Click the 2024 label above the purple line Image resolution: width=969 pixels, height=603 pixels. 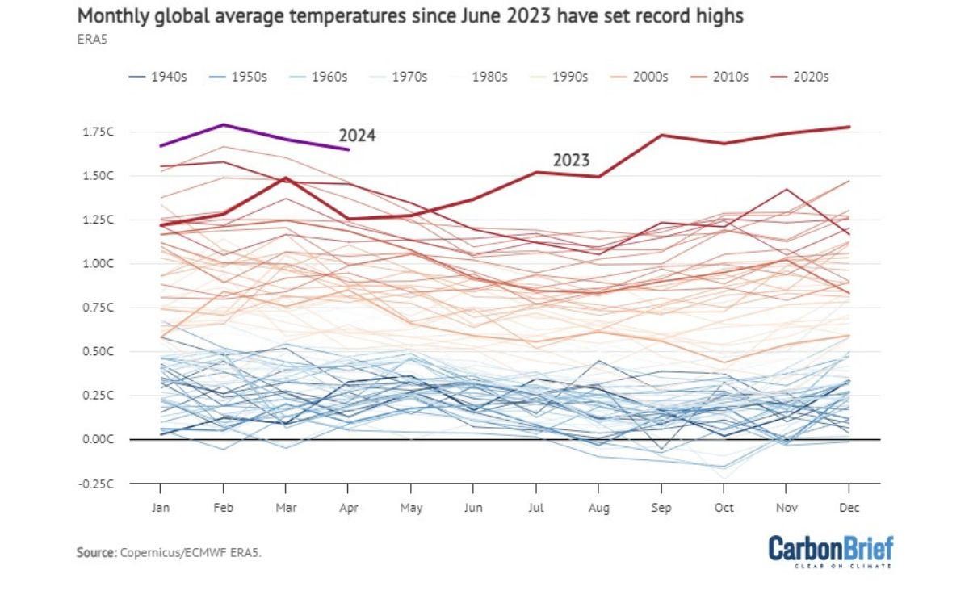click(357, 136)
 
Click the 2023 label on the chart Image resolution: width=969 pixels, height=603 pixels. click(571, 160)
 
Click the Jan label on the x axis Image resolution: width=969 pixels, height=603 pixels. click(160, 507)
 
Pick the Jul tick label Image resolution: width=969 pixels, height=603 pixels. click(535, 507)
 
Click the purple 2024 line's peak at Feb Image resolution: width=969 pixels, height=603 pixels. click(223, 124)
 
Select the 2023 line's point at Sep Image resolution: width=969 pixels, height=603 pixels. click(662, 135)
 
